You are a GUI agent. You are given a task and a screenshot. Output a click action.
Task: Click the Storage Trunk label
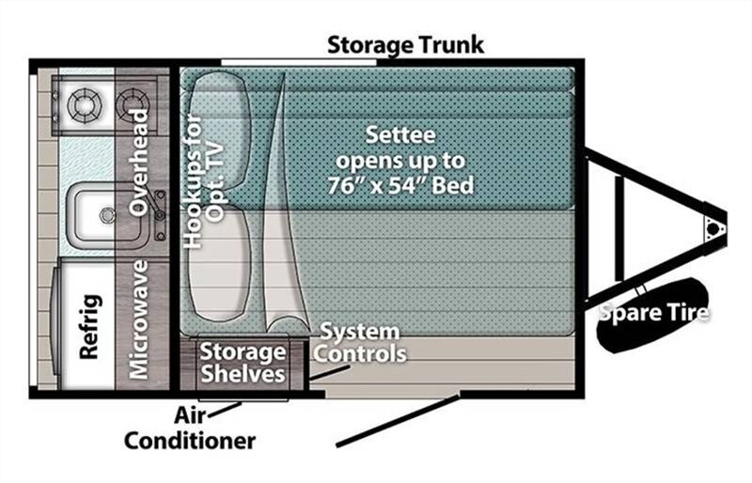tap(405, 44)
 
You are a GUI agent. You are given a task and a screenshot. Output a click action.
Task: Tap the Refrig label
tap(90, 327)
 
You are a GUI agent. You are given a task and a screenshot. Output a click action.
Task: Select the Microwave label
tap(139, 319)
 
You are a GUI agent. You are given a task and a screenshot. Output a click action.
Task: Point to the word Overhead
tap(139, 163)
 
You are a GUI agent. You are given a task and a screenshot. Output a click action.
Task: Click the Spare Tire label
tap(654, 313)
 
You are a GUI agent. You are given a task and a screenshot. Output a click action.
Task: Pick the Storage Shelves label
tap(243, 363)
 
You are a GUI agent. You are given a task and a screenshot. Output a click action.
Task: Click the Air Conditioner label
tap(190, 428)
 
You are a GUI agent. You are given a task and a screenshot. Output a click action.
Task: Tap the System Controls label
tap(359, 342)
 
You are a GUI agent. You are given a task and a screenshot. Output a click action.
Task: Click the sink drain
tap(107, 215)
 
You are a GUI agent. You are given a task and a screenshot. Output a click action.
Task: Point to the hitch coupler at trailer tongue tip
tap(713, 228)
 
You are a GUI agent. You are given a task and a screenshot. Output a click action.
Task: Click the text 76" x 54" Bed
tap(401, 185)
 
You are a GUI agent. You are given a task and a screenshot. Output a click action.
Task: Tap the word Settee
tap(401, 134)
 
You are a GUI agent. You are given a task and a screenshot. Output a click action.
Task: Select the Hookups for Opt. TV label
tap(204, 180)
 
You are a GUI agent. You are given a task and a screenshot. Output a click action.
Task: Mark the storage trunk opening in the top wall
tap(298, 62)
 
